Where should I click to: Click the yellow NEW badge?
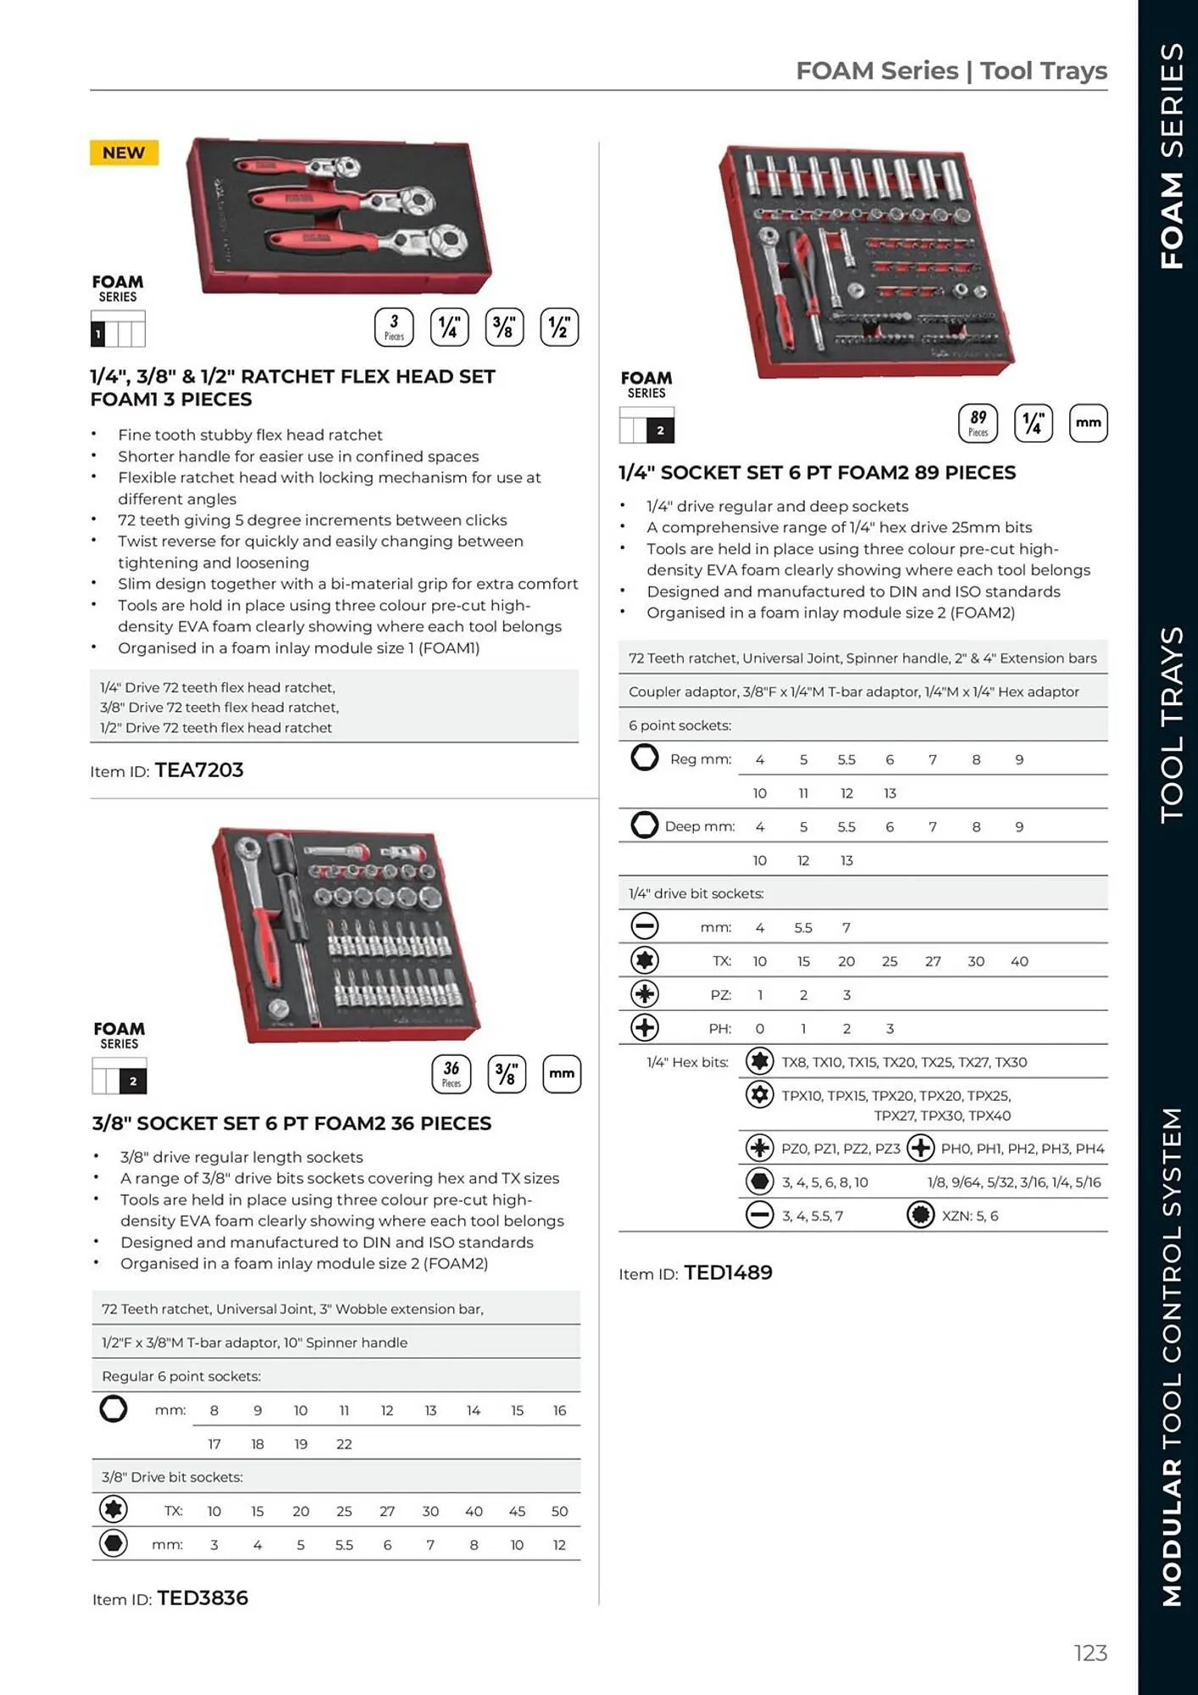pos(124,153)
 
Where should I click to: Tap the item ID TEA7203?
pos(198,770)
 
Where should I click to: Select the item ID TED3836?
pos(202,1598)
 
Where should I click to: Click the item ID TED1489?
pos(728,1272)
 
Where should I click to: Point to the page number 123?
pos(1090,1653)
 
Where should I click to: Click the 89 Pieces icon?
pos(978,423)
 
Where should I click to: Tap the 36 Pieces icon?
pos(451,1074)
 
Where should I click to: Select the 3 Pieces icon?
pos(394,327)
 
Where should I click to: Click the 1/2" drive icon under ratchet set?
pos(559,327)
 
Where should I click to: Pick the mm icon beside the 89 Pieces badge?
pos(1088,423)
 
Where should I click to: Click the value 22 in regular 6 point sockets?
pos(344,1443)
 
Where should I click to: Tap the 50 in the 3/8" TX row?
pos(559,1511)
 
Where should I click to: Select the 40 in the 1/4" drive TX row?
pos(1019,961)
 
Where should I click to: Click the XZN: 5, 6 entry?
pos(969,1215)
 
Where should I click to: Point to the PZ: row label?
pos(720,995)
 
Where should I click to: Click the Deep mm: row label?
pos(699,826)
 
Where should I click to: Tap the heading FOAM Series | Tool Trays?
pos(951,70)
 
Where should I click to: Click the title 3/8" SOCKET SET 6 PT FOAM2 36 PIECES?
pos(291,1123)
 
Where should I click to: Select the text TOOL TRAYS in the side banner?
pos(1171,725)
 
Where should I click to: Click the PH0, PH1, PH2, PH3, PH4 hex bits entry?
pos(1022,1148)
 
